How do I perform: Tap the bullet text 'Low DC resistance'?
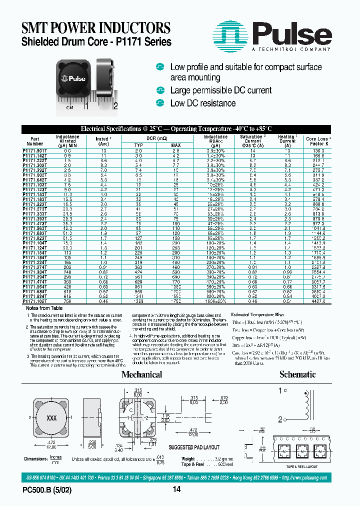click(x=202, y=103)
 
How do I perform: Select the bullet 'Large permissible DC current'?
click(x=220, y=90)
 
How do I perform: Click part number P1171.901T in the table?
click(x=36, y=150)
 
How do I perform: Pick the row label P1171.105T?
click(x=36, y=302)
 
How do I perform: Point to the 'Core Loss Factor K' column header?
click(x=317, y=141)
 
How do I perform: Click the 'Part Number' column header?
click(x=34, y=141)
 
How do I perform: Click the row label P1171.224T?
click(x=36, y=261)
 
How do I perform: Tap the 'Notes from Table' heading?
click(x=44, y=308)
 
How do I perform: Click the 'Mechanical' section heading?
click(x=141, y=374)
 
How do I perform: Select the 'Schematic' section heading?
click(x=297, y=374)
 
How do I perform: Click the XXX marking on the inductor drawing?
click(x=51, y=417)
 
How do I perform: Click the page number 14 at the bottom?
click(x=176, y=490)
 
